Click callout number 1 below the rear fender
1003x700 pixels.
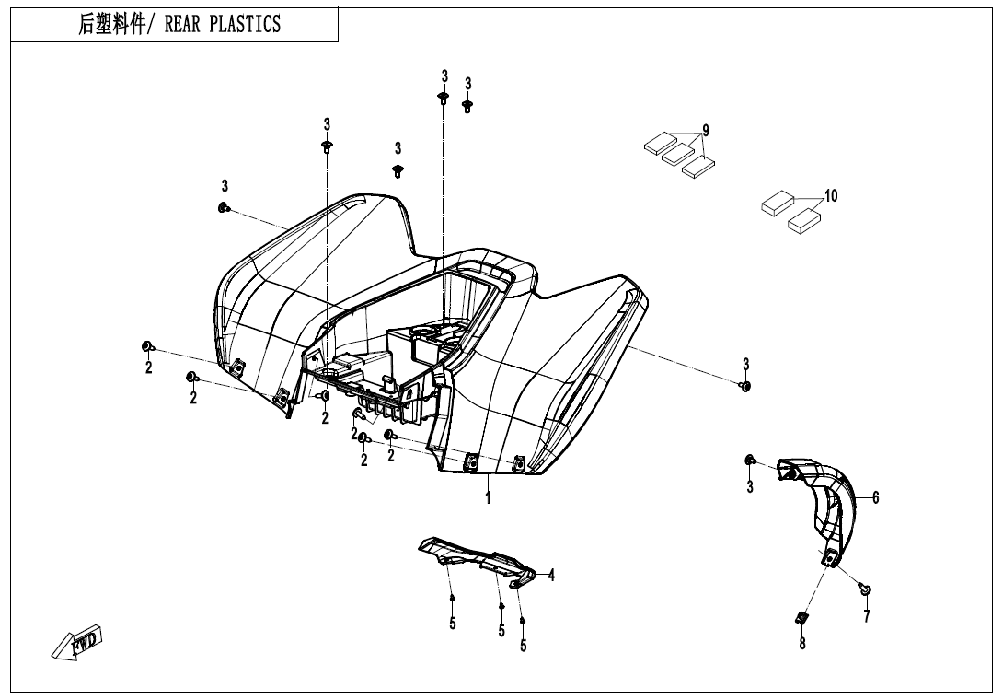pyautogui.click(x=488, y=498)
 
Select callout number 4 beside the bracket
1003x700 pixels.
pyautogui.click(x=551, y=576)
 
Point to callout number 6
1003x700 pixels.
pyautogui.click(x=876, y=497)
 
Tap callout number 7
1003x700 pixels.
pyautogui.click(x=866, y=616)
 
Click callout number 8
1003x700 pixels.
pyautogui.click(x=801, y=644)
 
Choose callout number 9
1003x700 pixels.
pyautogui.click(x=706, y=130)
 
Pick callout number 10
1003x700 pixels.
pyautogui.click(x=831, y=196)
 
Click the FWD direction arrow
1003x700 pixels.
pyautogui.click(x=77, y=642)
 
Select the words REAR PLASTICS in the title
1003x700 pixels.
pyautogui.click(x=222, y=25)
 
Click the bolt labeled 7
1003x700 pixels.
pyautogui.click(x=864, y=589)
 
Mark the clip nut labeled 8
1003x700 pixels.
pyautogui.click(x=801, y=618)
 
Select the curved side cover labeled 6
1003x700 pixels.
pyautogui.click(x=824, y=502)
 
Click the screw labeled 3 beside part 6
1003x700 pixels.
pyautogui.click(x=751, y=460)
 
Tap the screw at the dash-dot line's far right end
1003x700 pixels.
pyautogui.click(x=745, y=385)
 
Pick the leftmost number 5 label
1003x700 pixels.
pyautogui.click(x=453, y=624)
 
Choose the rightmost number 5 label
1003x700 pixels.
pyautogui.click(x=524, y=646)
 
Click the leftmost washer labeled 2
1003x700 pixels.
pyautogui.click(x=146, y=346)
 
